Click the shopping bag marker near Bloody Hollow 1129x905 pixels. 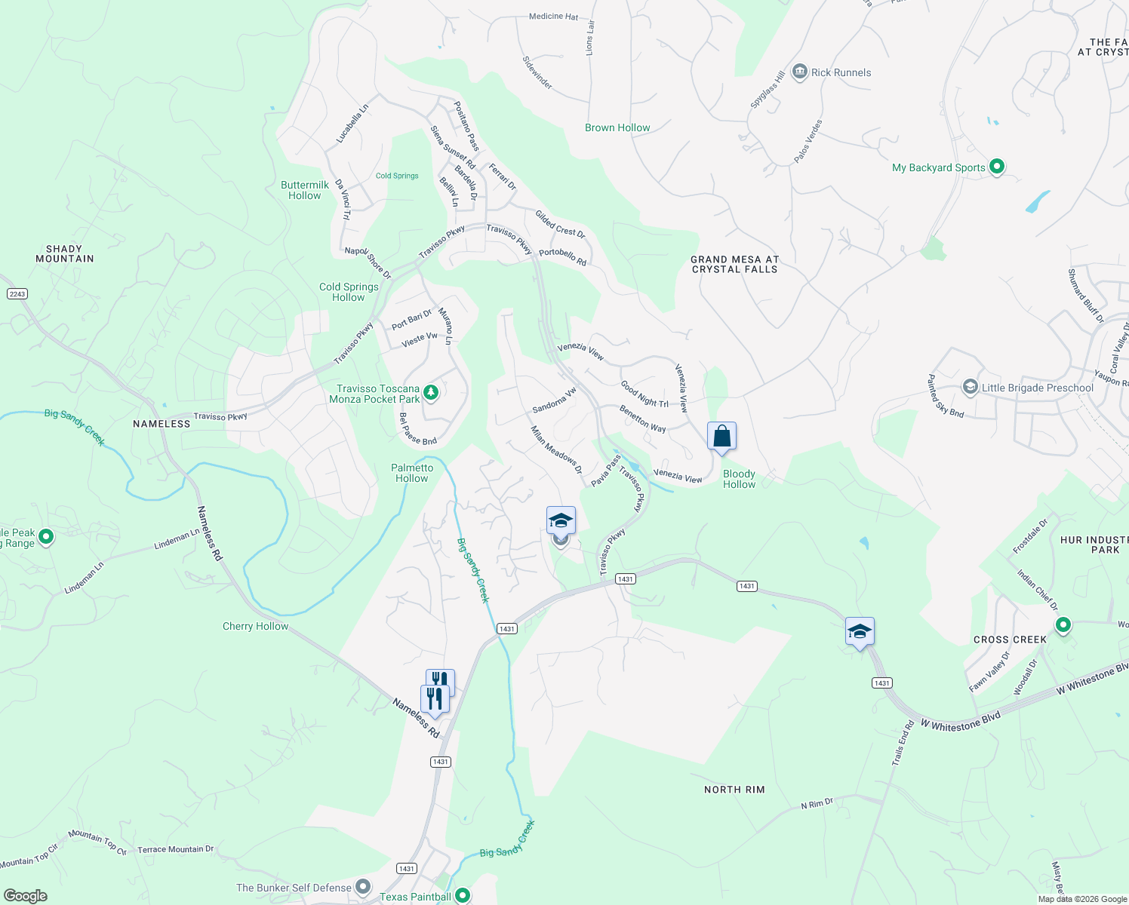pos(721,437)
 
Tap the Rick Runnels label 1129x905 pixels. pos(841,72)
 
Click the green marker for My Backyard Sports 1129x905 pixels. pos(996,167)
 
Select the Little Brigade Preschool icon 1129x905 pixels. pos(970,388)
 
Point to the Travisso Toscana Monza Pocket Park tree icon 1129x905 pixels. pos(431,392)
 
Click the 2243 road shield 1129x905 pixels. pos(17,293)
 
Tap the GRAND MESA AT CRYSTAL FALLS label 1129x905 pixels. pos(734,264)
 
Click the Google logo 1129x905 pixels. pos(25,896)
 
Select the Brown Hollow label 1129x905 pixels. pos(617,127)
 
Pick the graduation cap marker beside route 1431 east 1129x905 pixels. pos(860,632)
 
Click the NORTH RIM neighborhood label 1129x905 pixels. pos(734,790)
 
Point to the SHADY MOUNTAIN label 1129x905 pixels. pos(65,253)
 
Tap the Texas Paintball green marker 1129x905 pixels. pos(463,895)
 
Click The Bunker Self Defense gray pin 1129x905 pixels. pos(364,887)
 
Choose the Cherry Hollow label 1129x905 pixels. pos(255,626)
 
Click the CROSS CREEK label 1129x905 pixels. pos(1010,640)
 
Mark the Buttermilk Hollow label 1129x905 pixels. pos(305,190)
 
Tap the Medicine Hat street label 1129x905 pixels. pos(553,17)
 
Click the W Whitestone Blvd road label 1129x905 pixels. pos(960,720)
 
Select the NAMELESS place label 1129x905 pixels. pos(162,424)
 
